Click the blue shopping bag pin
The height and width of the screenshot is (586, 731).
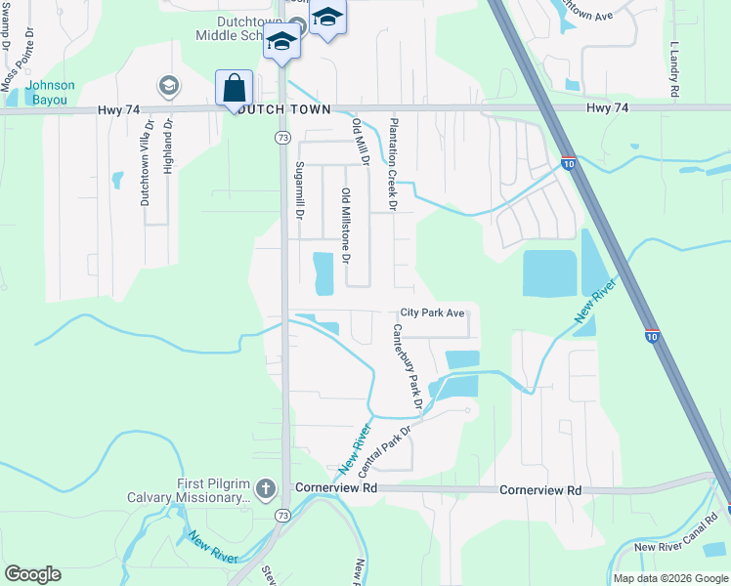coord(235,87)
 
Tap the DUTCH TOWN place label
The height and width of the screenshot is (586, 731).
coord(283,109)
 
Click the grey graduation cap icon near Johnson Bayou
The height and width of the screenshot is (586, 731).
coord(168,86)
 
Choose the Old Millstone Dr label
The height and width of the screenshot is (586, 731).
coord(345,232)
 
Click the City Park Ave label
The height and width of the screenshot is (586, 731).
coord(432,314)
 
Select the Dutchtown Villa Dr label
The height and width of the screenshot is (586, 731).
coord(146,162)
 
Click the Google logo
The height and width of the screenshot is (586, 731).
coord(32,574)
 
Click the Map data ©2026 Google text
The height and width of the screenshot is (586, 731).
coord(669,578)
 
